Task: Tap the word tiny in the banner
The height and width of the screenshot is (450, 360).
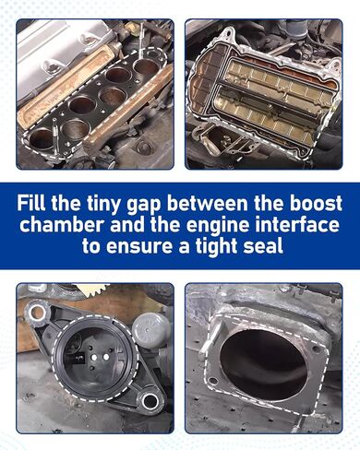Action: (102, 204)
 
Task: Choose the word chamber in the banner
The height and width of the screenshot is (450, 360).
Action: (61, 224)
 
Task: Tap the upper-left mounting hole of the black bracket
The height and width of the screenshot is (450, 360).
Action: (36, 313)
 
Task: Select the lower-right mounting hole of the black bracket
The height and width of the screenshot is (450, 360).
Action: (150, 401)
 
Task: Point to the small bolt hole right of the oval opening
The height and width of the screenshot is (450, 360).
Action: (315, 349)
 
